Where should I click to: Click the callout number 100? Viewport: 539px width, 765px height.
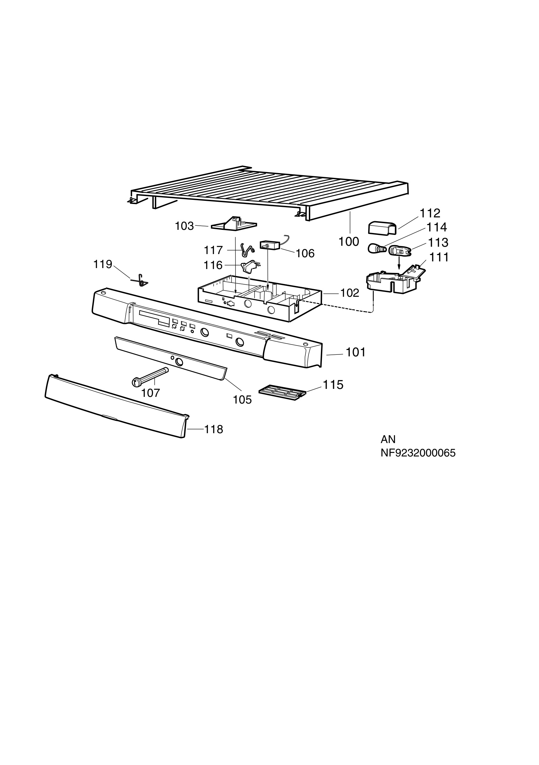tap(348, 242)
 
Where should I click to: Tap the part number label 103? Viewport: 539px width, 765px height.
tap(184, 226)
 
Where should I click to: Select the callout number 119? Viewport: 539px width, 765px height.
tap(102, 264)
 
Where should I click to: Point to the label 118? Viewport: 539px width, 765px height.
tap(214, 429)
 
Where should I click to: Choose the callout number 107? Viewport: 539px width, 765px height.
tap(150, 393)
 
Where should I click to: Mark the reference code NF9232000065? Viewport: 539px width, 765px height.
tap(418, 453)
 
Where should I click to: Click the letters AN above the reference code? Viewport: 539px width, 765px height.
tap(388, 440)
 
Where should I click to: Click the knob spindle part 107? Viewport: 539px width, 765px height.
tap(150, 377)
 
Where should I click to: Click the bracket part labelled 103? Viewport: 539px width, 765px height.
tap(234, 224)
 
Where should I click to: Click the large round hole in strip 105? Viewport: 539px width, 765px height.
tap(179, 362)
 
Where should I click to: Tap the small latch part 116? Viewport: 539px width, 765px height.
tap(249, 266)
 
